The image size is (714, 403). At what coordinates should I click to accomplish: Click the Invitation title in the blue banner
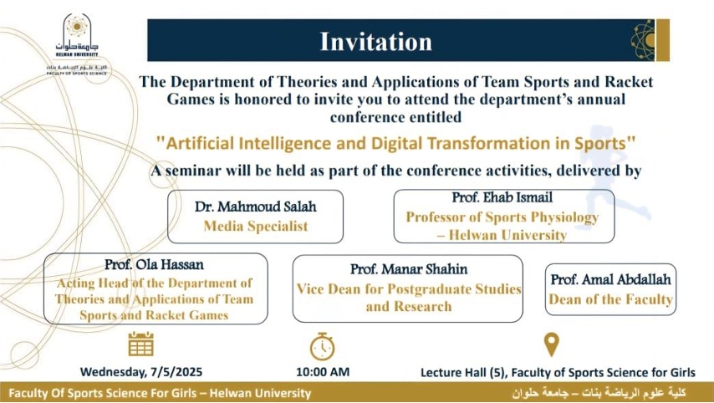coord(376,41)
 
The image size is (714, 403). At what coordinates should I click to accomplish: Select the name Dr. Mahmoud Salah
coord(256,207)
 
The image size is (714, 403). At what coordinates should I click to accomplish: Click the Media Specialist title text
coord(256,226)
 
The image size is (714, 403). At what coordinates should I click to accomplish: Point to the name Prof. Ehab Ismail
coord(502,198)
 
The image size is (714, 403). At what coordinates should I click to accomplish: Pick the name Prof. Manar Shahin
coord(409,269)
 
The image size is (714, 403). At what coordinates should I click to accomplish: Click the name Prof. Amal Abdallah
coord(611,279)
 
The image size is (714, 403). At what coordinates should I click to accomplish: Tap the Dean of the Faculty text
coord(611,299)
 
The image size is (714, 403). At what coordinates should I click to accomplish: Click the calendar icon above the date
coord(140,344)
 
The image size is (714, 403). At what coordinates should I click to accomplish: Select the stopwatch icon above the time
coord(322,345)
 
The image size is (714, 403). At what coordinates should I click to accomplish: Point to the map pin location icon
coord(551,344)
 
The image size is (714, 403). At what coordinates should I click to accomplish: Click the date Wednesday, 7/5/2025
coord(141,371)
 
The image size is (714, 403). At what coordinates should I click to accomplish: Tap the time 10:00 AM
coord(323,371)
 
